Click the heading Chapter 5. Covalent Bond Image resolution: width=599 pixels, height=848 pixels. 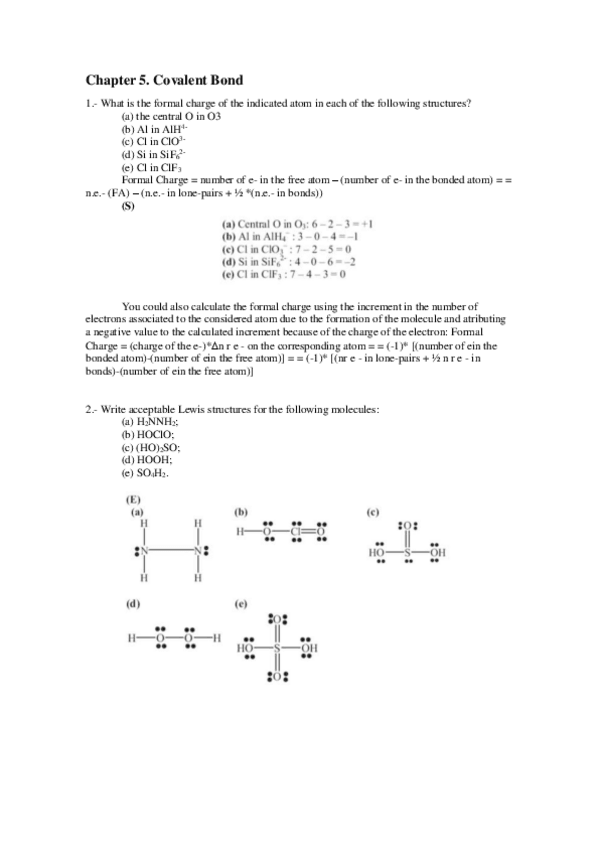[x=164, y=80]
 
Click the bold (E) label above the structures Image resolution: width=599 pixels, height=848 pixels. [x=132, y=498]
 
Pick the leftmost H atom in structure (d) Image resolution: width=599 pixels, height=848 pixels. [x=131, y=639]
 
